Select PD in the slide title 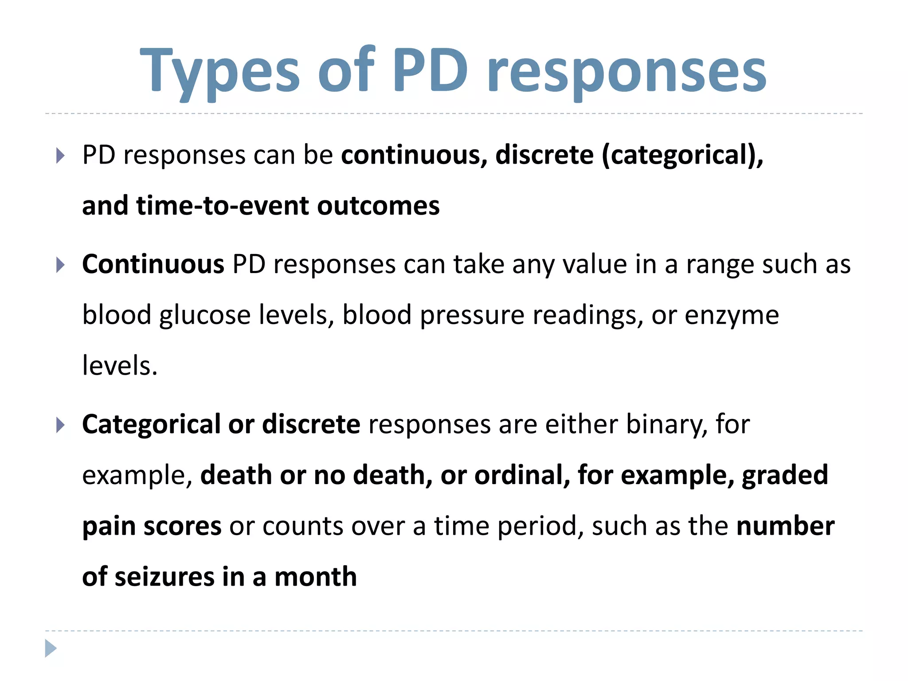430,71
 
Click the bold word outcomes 378,207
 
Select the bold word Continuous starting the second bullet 153,265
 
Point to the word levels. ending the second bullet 120,366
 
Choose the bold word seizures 164,577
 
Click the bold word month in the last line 315,577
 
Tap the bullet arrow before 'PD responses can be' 61,156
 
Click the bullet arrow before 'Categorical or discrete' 61,425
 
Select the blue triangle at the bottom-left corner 51,648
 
